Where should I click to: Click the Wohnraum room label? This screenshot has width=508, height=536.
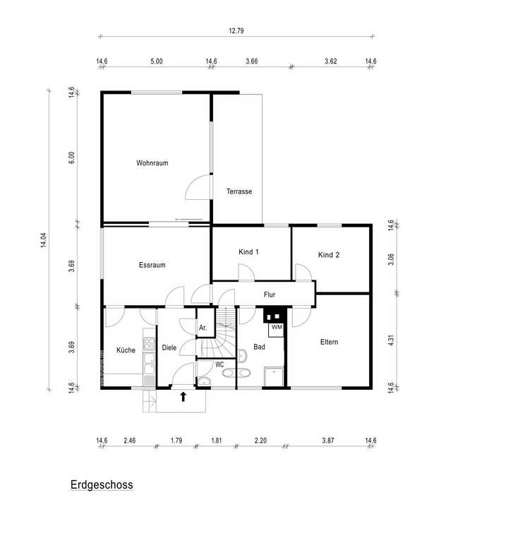pyautogui.click(x=152, y=163)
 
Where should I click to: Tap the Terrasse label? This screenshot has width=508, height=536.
pyautogui.click(x=239, y=191)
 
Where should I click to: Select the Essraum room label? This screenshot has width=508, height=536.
pyautogui.click(x=152, y=266)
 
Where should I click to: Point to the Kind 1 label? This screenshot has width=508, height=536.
pyautogui.click(x=249, y=252)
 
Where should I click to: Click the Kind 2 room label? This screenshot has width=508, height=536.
pyautogui.click(x=329, y=255)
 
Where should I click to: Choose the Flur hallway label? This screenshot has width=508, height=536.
pyautogui.click(x=270, y=294)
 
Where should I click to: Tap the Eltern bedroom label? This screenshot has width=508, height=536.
pyautogui.click(x=329, y=342)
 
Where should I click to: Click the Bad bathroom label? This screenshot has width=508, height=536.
pyautogui.click(x=259, y=347)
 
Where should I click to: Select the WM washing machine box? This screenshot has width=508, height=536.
pyautogui.click(x=276, y=328)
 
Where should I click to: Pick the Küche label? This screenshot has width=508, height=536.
pyautogui.click(x=126, y=350)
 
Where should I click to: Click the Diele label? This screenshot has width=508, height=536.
pyautogui.click(x=169, y=347)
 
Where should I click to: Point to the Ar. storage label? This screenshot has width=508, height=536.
pyautogui.click(x=202, y=328)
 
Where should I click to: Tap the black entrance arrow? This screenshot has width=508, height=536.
pyautogui.click(x=183, y=397)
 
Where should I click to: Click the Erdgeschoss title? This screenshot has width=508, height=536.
pyautogui.click(x=102, y=485)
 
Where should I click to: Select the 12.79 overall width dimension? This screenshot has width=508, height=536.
pyautogui.click(x=236, y=31)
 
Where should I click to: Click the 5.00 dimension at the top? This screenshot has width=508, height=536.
pyautogui.click(x=157, y=62)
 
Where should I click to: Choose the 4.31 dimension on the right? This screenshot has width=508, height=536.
pyautogui.click(x=392, y=341)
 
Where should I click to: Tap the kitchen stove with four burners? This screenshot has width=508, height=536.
pyautogui.click(x=149, y=345)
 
